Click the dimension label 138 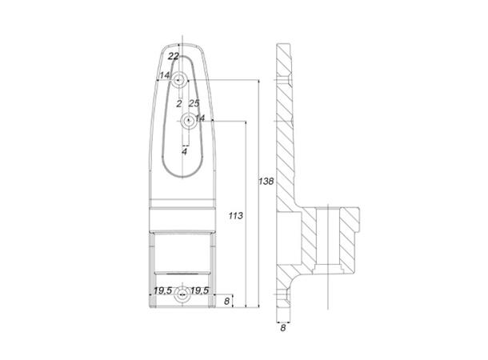(267, 182)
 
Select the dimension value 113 (235, 216)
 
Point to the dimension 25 (194, 103)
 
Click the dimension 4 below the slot (184, 150)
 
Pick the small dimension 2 (178, 103)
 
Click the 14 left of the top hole (164, 76)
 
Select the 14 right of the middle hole (200, 118)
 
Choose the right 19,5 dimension (200, 290)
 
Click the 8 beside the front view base (228, 301)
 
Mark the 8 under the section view (283, 326)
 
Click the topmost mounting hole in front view (182, 79)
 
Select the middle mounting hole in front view (187, 122)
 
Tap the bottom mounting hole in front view (182, 294)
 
